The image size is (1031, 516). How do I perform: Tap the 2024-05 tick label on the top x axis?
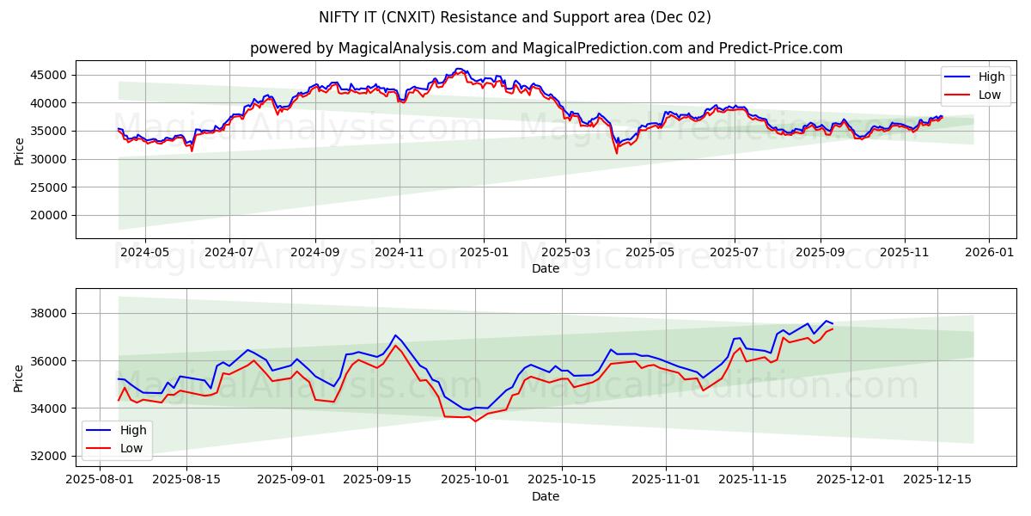point(144,253)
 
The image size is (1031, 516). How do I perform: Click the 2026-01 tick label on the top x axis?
point(988,253)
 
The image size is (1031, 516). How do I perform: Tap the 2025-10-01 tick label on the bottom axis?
point(475,480)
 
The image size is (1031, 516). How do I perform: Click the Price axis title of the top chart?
point(20,150)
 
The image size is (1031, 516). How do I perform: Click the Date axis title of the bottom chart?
point(546,496)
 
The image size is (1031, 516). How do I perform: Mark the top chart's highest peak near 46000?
point(459,69)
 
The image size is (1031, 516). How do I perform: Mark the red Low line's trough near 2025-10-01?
point(475,421)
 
